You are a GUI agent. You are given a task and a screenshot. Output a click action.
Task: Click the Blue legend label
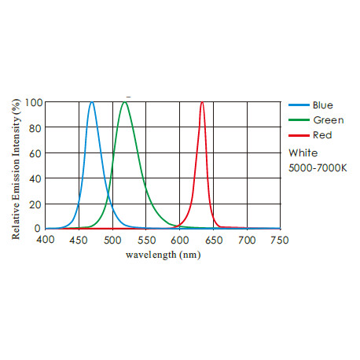tap(322, 105)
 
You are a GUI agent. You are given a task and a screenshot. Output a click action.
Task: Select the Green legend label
tap(326, 120)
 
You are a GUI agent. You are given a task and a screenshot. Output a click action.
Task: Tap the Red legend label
tap(321, 135)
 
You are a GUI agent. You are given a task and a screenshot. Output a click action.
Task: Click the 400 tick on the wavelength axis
tap(46, 239)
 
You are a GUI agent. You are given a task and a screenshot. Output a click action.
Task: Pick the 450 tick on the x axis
tap(79, 239)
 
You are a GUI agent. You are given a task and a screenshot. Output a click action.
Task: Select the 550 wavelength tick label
tap(146, 239)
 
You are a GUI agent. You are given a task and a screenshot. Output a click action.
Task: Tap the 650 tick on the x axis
tap(213, 239)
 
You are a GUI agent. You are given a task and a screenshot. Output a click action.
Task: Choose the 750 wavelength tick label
tap(280, 239)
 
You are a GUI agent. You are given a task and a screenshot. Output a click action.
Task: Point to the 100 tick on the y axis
tap(34, 102)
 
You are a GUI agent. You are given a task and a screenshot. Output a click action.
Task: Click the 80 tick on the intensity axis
tap(36, 127)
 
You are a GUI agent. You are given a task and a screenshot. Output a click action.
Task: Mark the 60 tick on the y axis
tap(36, 152)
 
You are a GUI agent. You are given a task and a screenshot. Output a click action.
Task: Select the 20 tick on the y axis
tap(36, 204)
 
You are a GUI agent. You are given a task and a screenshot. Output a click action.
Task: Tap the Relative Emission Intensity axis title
tap(16, 165)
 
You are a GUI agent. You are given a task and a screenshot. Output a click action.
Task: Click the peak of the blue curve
tap(92, 102)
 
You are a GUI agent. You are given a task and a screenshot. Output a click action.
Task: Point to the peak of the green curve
tap(125, 102)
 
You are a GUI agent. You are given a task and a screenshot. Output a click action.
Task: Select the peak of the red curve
tap(202, 102)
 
